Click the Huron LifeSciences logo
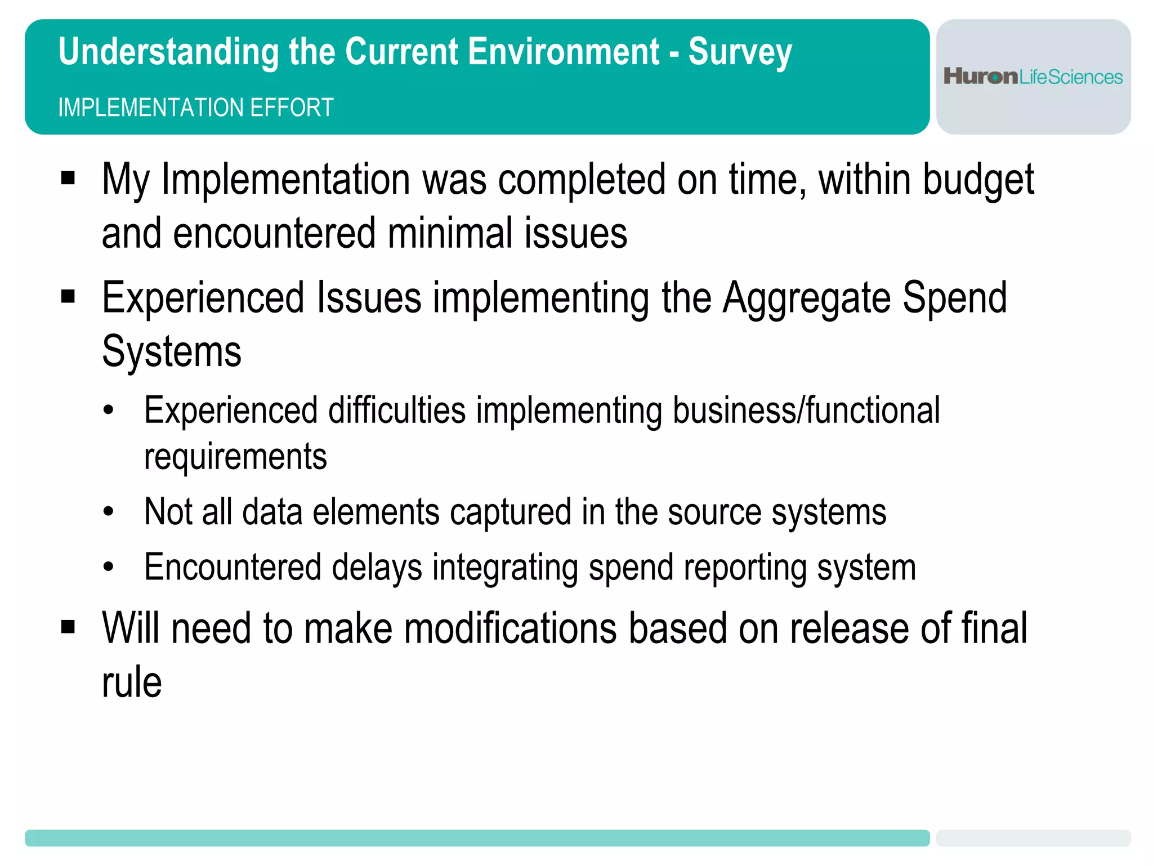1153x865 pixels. [1033, 77]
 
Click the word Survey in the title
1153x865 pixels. [740, 52]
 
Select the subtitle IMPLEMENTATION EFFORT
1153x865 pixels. [195, 108]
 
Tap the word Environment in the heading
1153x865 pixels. [564, 51]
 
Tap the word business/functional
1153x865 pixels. [806, 411]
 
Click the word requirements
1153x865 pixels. [235, 457]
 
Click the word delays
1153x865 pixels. [377, 567]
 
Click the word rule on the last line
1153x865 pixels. [132, 683]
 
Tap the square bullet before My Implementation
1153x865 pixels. [68, 179]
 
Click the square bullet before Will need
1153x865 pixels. [68, 627]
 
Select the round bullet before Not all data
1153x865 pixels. [109, 512]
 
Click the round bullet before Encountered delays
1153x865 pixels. [109, 567]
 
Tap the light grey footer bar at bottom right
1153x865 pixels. [1033, 837]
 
